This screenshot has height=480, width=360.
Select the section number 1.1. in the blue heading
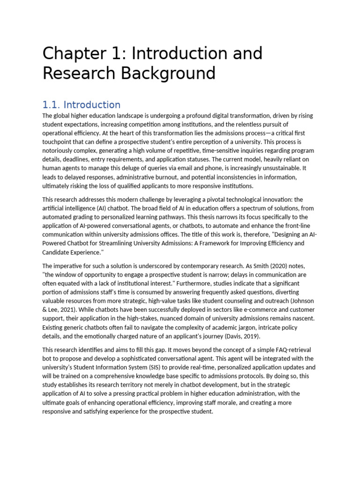tap(52, 105)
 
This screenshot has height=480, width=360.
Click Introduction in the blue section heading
tap(92, 105)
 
